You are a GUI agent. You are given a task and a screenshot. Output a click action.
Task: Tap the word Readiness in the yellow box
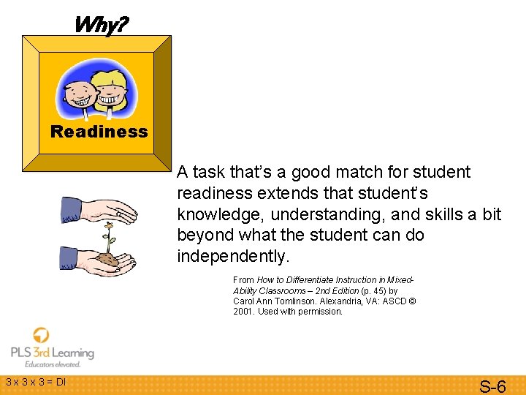coord(99,132)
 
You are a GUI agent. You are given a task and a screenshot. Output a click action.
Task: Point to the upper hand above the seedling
coord(99,211)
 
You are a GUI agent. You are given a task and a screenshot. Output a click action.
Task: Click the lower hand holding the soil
coord(99,257)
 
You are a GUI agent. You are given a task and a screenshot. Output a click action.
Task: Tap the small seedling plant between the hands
coord(110,241)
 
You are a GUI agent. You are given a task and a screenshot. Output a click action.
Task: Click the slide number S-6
coord(492,385)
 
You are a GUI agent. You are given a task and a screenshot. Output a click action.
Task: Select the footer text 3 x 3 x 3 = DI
coord(35,382)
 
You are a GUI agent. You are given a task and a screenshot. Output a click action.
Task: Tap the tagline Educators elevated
coord(53,364)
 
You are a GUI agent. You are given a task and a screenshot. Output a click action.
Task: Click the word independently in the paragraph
coord(232,257)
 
